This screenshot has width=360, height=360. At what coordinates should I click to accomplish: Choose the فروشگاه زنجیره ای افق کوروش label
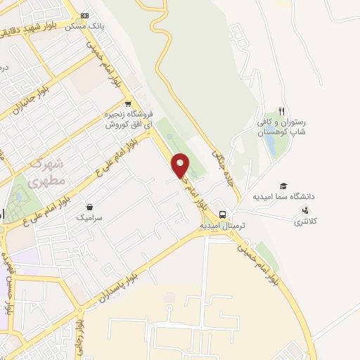pos(128,119)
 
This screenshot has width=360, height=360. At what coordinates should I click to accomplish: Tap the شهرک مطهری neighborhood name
pos(49,171)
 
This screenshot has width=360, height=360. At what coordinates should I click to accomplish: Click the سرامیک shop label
pos(90,218)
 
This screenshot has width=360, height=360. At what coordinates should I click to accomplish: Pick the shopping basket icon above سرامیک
pos(90,207)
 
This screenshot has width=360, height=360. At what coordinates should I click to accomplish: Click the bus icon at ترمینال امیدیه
pos(221,214)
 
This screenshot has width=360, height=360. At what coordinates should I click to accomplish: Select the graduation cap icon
pos(283,186)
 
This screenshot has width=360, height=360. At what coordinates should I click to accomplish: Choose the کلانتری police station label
pos(305,221)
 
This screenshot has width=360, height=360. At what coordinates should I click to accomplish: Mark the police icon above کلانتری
pos(305,210)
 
